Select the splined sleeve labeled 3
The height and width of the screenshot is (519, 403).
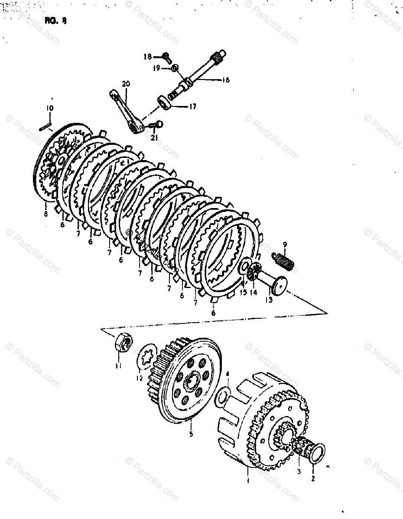point(302,448)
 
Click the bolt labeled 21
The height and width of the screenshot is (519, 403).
point(156,125)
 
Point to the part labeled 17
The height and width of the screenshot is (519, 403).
point(165,100)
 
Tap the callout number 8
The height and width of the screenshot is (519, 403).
point(45,213)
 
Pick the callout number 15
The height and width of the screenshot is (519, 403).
point(243,292)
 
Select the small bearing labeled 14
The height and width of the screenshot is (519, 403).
point(256,273)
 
